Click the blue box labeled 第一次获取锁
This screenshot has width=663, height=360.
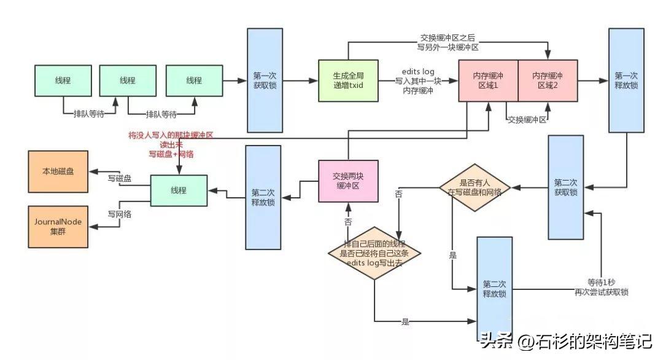pos(264,80)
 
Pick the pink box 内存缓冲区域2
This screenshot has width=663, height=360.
pos(548,80)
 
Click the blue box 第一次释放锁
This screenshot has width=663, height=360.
pos(626,80)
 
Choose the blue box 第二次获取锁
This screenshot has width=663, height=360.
pos(565,187)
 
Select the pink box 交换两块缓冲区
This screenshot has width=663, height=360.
pos(348,181)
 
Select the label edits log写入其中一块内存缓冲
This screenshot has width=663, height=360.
pos(417,81)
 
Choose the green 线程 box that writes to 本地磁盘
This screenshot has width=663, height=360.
pos(179,190)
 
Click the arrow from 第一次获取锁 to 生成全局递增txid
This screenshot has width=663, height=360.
pos(300,80)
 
